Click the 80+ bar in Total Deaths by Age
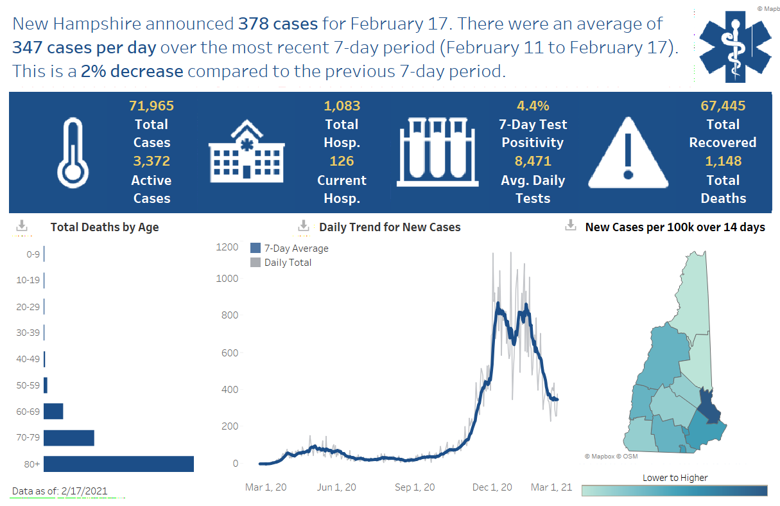coord(119,464)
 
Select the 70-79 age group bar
coord(69,438)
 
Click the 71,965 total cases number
coord(152,106)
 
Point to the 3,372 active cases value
coord(152,161)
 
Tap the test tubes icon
coord(437,151)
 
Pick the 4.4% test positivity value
coord(533,106)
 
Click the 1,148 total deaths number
coord(723,161)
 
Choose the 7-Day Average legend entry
coord(290,249)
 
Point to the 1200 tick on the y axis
coord(227,247)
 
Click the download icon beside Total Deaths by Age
coord(22,226)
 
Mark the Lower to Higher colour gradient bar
coord(674,491)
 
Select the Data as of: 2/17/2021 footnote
coord(60,491)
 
